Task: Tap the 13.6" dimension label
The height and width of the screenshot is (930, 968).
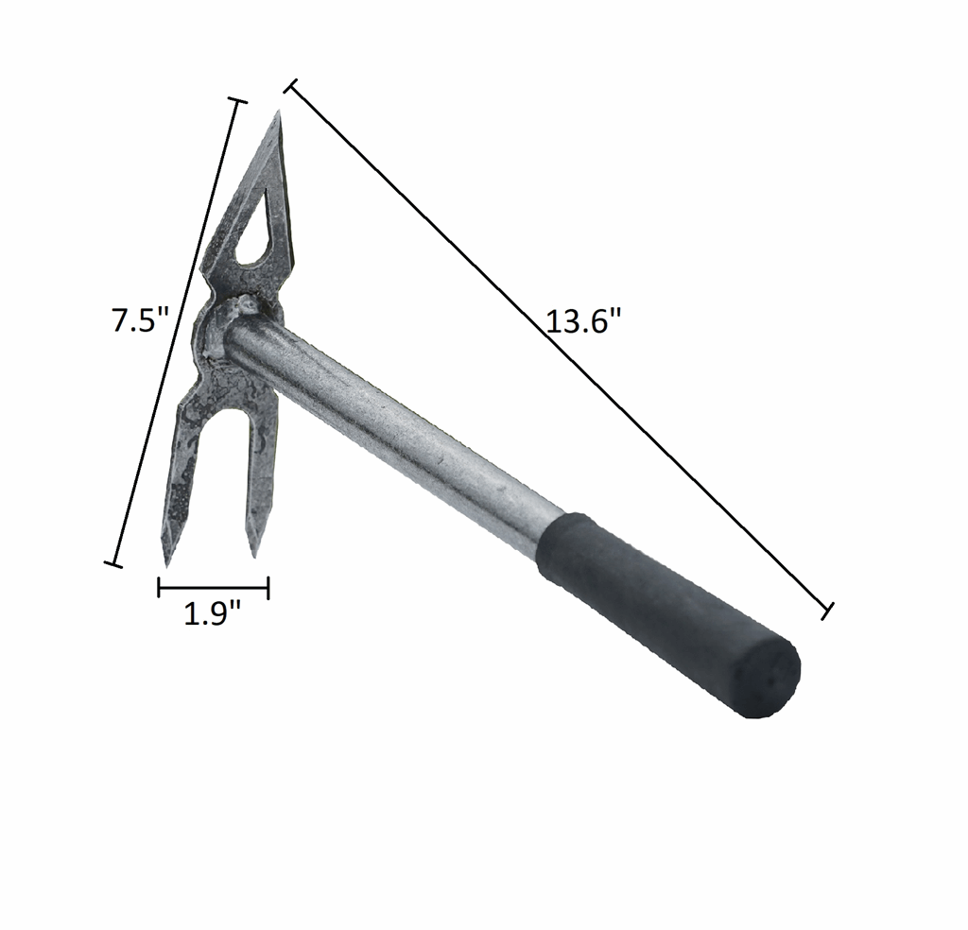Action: click(583, 321)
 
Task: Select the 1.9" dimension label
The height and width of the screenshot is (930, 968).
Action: click(212, 614)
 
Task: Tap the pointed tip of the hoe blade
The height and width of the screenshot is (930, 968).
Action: click(279, 114)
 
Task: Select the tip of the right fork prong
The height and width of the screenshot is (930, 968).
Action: click(253, 554)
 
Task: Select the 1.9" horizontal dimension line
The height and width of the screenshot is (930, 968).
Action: click(213, 589)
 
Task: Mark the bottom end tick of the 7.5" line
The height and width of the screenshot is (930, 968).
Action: click(112, 564)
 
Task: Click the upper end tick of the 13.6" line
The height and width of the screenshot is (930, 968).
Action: click(291, 87)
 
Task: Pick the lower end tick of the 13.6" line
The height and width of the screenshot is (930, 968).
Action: click(827, 610)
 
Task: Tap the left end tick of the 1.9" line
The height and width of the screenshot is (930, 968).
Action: click(159, 589)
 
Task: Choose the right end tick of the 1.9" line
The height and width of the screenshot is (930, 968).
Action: click(268, 589)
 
